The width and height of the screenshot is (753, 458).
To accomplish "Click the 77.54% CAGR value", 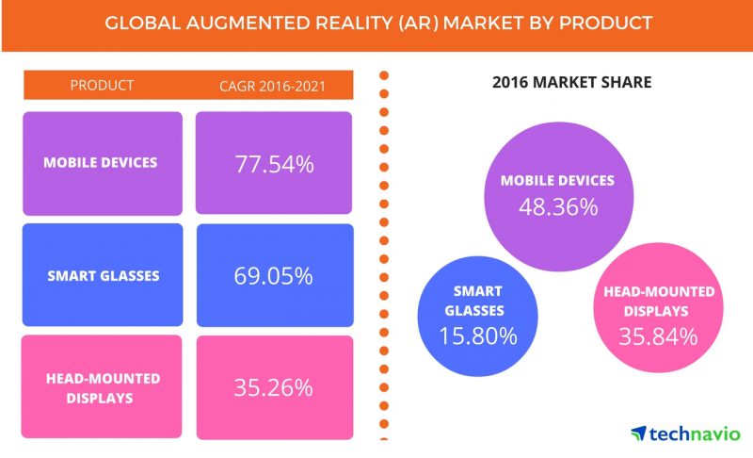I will (x=275, y=164).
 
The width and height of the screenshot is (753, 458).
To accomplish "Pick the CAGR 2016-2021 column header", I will (x=274, y=86).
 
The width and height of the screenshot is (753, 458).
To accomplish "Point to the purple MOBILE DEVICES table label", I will (x=101, y=162).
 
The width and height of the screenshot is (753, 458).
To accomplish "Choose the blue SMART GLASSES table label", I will (x=101, y=275).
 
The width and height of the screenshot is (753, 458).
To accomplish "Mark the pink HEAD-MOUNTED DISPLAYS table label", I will (x=101, y=386).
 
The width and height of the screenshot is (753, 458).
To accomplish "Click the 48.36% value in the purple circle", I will (x=557, y=205).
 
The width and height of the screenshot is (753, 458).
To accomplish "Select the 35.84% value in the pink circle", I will (x=658, y=335).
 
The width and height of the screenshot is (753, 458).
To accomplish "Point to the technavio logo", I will (x=685, y=433).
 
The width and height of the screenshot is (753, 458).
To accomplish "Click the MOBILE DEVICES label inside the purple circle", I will (x=557, y=180).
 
